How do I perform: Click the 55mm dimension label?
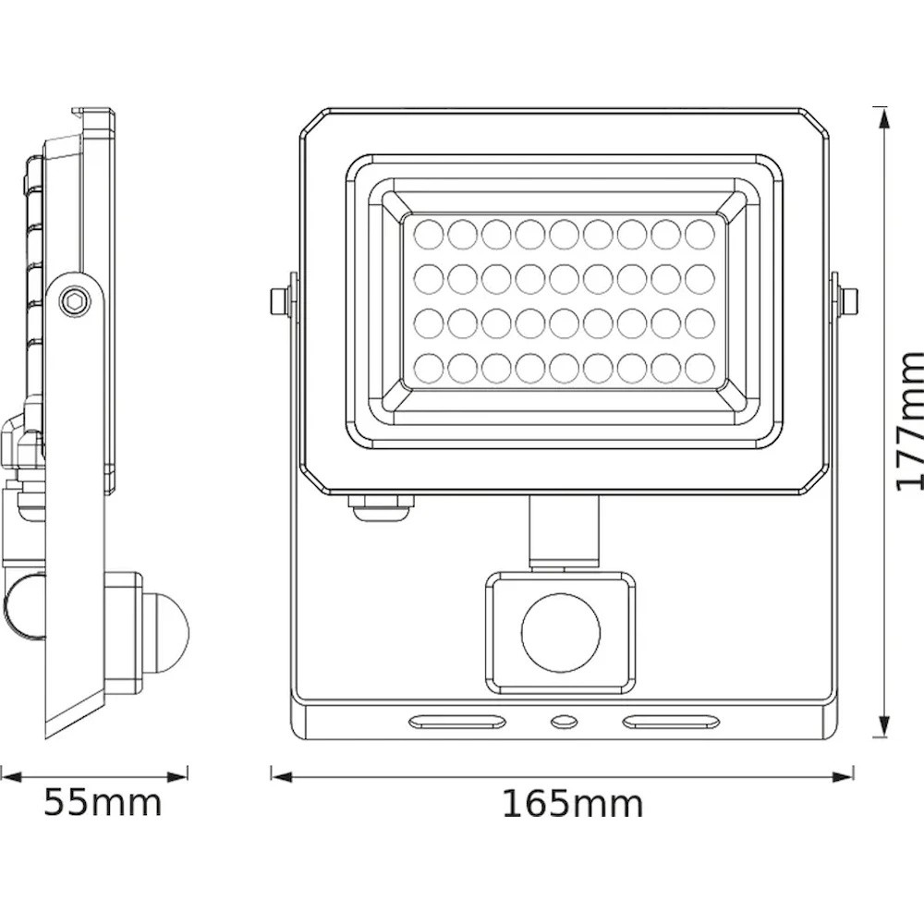click(x=103, y=803)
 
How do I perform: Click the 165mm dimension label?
click(x=572, y=804)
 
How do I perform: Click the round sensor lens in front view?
click(x=561, y=633)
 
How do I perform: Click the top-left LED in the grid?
click(x=429, y=234)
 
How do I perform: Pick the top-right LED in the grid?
click(x=700, y=234)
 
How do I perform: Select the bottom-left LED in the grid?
click(x=429, y=368)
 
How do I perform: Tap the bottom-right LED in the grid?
click(x=700, y=368)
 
